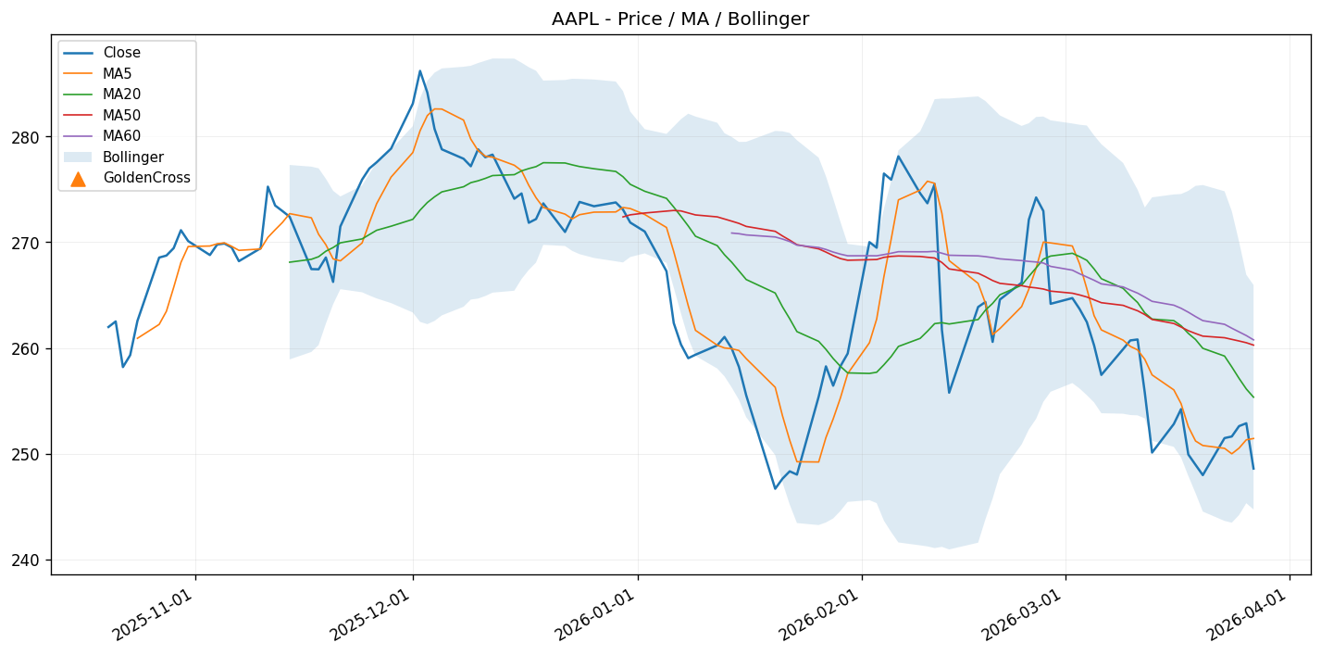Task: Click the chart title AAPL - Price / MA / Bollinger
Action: tap(679, 19)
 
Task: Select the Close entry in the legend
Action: tap(121, 53)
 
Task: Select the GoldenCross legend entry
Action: tap(146, 178)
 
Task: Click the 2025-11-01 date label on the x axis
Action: tap(154, 614)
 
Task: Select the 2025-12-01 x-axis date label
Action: tap(371, 614)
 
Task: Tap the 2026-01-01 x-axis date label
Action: tap(596, 614)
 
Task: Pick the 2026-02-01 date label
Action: tap(820, 614)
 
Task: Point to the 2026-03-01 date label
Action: tap(1024, 614)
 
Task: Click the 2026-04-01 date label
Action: tap(1248, 614)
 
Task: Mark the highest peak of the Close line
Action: tap(419, 70)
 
